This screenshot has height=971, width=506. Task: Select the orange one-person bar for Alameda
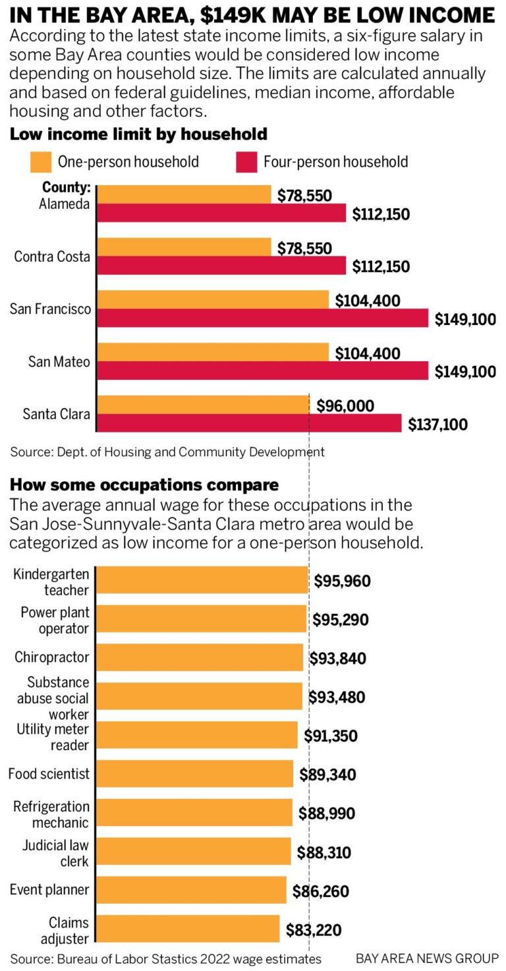click(x=184, y=194)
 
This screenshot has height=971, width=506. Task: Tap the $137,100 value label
click(x=437, y=425)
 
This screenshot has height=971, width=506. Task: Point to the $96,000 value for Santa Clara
click(x=345, y=405)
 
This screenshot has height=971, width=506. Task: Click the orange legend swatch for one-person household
click(x=41, y=162)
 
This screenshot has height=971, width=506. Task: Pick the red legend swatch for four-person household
click(x=246, y=162)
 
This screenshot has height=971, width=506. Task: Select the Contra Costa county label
click(x=52, y=256)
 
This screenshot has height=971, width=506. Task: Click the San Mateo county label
click(x=59, y=361)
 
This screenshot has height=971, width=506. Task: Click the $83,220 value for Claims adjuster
click(x=314, y=930)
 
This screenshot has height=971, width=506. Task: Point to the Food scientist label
click(x=49, y=773)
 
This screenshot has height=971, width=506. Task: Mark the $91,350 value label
click(x=331, y=735)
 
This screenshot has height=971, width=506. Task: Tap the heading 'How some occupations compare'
click(x=144, y=485)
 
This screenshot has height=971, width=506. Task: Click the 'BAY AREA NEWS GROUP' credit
click(x=427, y=958)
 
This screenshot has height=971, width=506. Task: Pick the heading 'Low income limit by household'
click(x=138, y=134)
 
